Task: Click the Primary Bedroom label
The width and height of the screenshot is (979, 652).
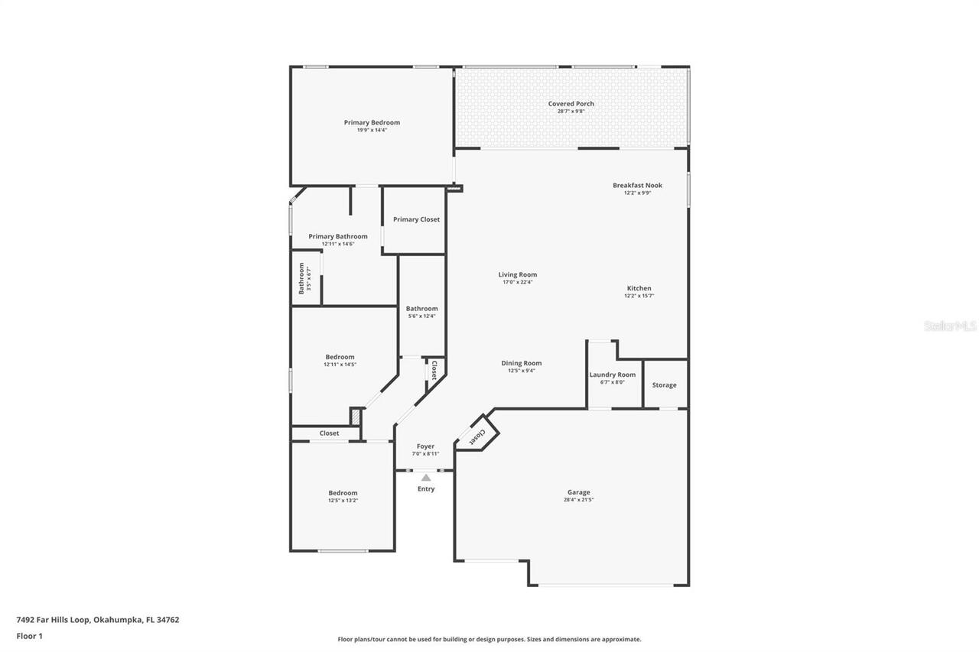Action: tap(372, 122)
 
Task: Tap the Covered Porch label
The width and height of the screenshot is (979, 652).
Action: tap(571, 104)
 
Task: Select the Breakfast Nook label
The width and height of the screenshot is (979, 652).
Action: tap(637, 185)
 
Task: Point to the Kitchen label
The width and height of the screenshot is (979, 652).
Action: tap(638, 288)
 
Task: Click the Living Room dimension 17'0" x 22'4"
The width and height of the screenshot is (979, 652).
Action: tap(518, 282)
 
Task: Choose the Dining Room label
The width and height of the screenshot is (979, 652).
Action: tap(521, 363)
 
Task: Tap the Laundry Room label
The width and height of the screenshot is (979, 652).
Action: tap(612, 375)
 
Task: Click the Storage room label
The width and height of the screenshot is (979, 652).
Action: tap(664, 385)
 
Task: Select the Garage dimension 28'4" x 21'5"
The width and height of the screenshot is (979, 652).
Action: tap(578, 500)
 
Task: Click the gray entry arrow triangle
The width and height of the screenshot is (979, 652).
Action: tap(426, 478)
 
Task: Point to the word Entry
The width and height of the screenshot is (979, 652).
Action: tap(426, 489)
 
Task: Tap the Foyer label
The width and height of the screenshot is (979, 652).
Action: tap(425, 446)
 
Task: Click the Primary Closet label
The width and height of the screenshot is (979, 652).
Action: tap(416, 219)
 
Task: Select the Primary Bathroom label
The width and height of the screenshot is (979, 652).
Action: tap(338, 236)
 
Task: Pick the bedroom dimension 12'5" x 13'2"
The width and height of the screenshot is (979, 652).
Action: tap(343, 501)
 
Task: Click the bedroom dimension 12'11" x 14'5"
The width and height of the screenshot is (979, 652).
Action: tap(340, 365)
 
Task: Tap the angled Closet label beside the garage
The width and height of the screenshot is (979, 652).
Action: tap(476, 436)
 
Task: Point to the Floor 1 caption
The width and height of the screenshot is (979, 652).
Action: tap(29, 636)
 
